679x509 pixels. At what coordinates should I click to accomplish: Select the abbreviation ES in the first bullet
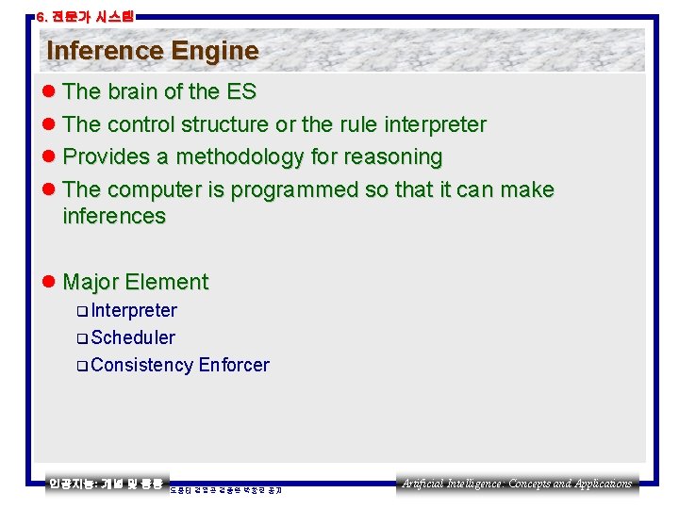pos(240,92)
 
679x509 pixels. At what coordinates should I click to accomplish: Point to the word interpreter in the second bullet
pos(426,124)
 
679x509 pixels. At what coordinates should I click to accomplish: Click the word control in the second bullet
pos(141,124)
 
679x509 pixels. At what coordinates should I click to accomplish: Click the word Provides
pos(103,156)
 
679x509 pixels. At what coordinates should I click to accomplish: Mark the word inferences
pos(113,216)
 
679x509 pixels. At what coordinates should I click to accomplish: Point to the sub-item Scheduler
pos(133,337)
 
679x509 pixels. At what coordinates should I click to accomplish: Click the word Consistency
pos(142,365)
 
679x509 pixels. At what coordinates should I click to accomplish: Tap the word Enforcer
pos(234,365)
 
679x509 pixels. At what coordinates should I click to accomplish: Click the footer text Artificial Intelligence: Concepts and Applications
pos(517,484)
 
